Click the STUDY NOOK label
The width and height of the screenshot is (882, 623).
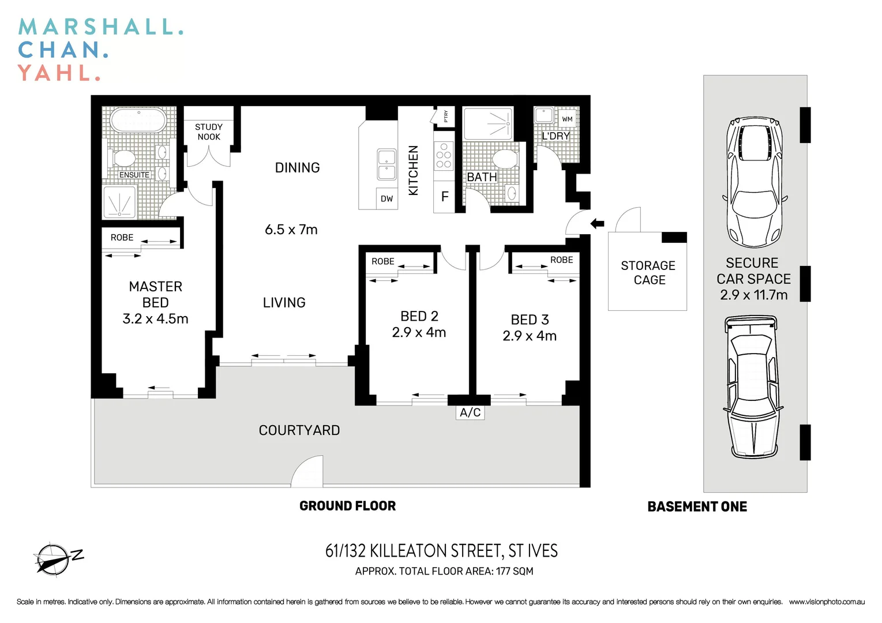click(x=209, y=132)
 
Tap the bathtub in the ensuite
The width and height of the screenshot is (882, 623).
click(x=138, y=122)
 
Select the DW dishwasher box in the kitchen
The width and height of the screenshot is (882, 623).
click(x=386, y=198)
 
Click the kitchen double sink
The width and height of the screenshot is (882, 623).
click(x=386, y=164)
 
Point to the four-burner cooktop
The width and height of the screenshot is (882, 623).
click(x=444, y=156)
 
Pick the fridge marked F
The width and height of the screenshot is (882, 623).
click(x=444, y=197)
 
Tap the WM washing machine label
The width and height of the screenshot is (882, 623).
click(x=567, y=119)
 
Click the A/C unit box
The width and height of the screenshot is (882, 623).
click(x=470, y=412)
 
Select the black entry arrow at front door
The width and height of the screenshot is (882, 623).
click(x=597, y=223)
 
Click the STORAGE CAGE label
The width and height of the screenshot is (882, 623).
click(x=648, y=273)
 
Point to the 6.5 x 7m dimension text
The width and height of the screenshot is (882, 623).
click(x=291, y=230)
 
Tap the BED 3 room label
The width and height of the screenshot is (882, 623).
click(x=530, y=320)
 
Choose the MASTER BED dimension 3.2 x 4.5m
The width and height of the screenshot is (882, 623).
click(x=155, y=319)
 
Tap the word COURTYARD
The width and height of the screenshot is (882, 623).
click(x=299, y=430)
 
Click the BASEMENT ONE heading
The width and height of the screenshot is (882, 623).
click(x=697, y=506)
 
